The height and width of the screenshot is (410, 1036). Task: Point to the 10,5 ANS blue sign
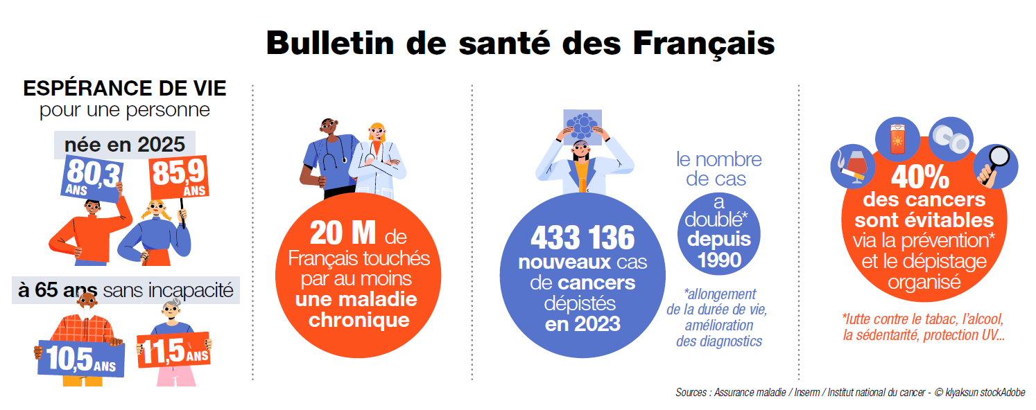click(80, 357)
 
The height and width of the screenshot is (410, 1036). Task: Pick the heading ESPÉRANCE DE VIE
click(125, 89)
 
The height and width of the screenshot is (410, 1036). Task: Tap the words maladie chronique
click(359, 310)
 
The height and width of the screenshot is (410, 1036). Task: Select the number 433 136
click(582, 238)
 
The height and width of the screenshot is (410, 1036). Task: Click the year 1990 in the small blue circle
click(719, 260)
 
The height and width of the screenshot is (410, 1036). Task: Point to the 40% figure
click(920, 179)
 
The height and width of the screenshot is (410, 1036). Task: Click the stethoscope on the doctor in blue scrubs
click(332, 157)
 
